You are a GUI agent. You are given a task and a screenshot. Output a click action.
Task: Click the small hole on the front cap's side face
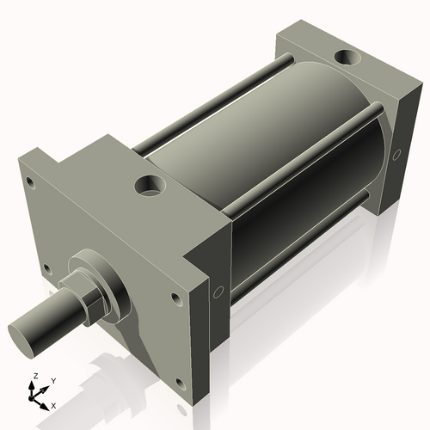[x=218, y=290]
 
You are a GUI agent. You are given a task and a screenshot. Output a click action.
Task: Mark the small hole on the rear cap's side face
[x=396, y=156]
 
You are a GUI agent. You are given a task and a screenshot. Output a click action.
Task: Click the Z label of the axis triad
[x=34, y=377]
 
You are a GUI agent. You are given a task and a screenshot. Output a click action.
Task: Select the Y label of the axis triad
[x=52, y=379]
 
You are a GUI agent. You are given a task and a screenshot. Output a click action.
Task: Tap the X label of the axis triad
[x=53, y=404]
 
